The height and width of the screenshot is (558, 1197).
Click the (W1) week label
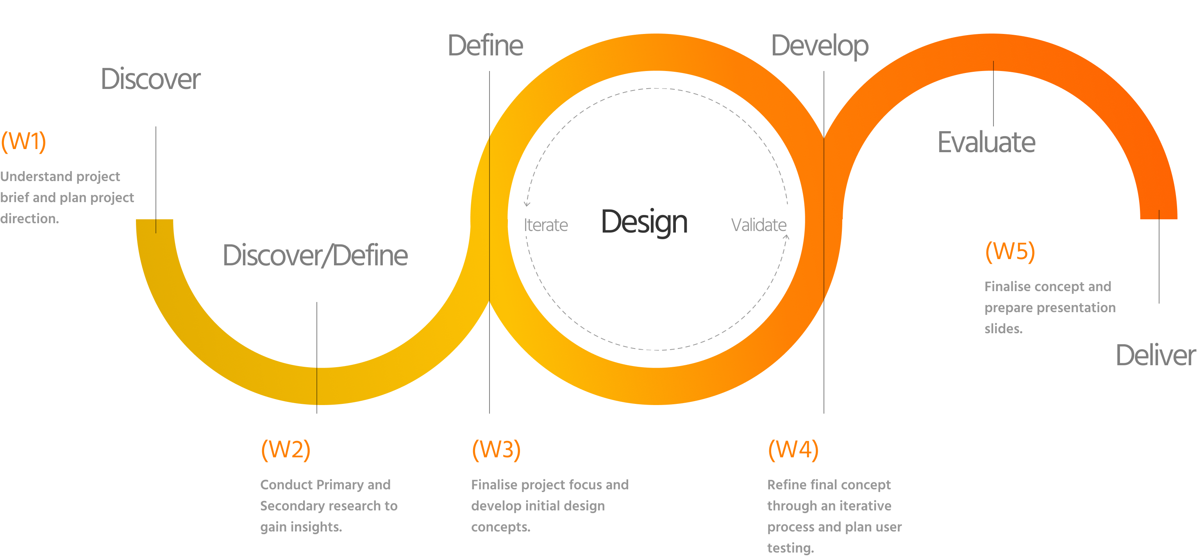click(x=23, y=141)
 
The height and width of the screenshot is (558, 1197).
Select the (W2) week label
click(x=285, y=450)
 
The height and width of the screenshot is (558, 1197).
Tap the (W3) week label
click(x=496, y=450)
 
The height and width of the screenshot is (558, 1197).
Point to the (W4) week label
click(x=793, y=450)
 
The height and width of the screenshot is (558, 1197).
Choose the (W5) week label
click(x=1010, y=251)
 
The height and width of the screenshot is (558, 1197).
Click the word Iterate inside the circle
click(x=546, y=225)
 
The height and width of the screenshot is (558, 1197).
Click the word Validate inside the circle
click(x=758, y=225)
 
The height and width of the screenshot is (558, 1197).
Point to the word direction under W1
click(x=29, y=219)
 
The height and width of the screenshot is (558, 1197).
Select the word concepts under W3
click(x=500, y=527)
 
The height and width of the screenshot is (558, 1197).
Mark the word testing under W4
click(x=790, y=548)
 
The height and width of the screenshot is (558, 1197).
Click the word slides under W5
click(x=1003, y=329)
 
